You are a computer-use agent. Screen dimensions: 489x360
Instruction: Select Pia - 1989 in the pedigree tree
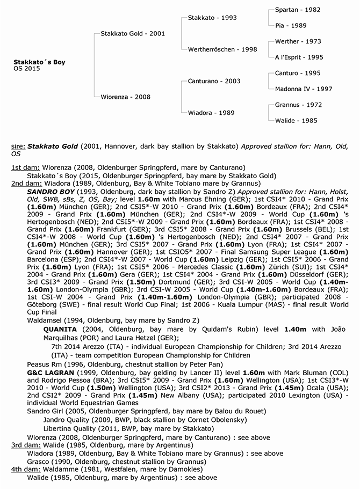click(291, 25)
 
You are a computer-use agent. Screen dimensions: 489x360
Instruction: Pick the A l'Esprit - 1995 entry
click(299, 57)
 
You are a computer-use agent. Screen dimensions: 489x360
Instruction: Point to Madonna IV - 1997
click(304, 89)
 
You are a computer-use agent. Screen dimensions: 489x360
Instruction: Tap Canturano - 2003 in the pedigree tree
click(214, 81)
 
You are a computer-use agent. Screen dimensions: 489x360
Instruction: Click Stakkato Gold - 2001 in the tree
click(133, 33)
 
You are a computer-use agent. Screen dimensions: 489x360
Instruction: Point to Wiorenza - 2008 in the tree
click(126, 97)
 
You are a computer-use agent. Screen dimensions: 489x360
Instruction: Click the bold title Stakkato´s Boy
click(39, 62)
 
